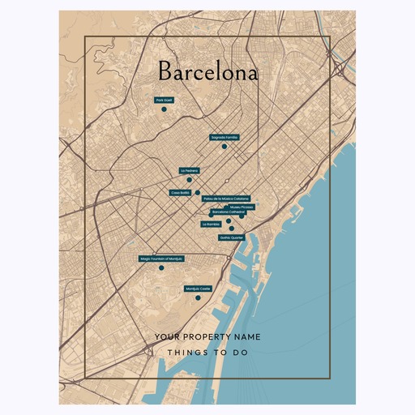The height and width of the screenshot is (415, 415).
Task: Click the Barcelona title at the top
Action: pyautogui.click(x=207, y=73)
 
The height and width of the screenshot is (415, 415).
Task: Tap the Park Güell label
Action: pyautogui.click(x=165, y=100)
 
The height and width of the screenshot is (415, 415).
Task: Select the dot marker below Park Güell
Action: pyautogui.click(x=163, y=109)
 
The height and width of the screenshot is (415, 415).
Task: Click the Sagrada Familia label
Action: pyautogui.click(x=225, y=138)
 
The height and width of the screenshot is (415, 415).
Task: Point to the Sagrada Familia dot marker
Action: pyautogui.click(x=225, y=147)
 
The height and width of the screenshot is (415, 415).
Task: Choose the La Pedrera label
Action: pyautogui.click(x=189, y=170)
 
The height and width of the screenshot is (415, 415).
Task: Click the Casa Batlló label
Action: pyautogui.click(x=180, y=193)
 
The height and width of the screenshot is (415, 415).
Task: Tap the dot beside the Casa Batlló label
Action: pyautogui.click(x=198, y=193)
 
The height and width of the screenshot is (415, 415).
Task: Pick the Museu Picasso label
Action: pyautogui.click(x=242, y=207)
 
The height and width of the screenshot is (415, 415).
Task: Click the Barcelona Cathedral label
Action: pyautogui.click(x=228, y=212)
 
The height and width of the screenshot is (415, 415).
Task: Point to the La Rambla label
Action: pyautogui.click(x=211, y=224)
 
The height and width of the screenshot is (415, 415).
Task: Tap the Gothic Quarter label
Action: pyautogui.click(x=231, y=237)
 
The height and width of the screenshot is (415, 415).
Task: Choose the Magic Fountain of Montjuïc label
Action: pyautogui.click(x=162, y=259)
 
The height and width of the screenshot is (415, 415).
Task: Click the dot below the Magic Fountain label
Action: pyautogui.click(x=161, y=267)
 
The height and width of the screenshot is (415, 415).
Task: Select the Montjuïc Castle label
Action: pyautogui.click(x=198, y=289)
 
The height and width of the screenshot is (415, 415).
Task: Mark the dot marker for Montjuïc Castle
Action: pyautogui.click(x=198, y=298)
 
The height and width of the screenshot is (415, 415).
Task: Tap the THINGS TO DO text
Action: pyautogui.click(x=207, y=353)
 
